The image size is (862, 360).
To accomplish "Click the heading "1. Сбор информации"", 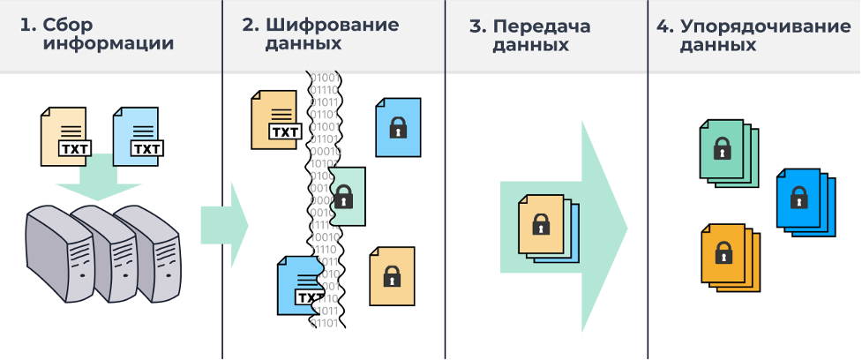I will tap(97, 34).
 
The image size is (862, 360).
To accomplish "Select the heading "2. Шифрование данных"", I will tap(319, 34).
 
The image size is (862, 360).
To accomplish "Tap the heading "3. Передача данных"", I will tap(530, 34).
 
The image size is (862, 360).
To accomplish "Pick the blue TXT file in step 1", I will tap(138, 135).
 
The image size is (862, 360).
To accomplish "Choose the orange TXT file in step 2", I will tap(275, 118).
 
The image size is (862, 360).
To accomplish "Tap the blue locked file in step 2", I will tap(398, 128).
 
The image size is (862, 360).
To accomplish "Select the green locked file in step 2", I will tap(347, 196).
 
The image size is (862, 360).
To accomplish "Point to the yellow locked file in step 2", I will tap(391, 277).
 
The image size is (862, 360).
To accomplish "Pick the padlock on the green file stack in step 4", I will tap(722, 147).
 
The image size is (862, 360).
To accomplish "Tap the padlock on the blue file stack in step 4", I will tap(798, 196).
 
